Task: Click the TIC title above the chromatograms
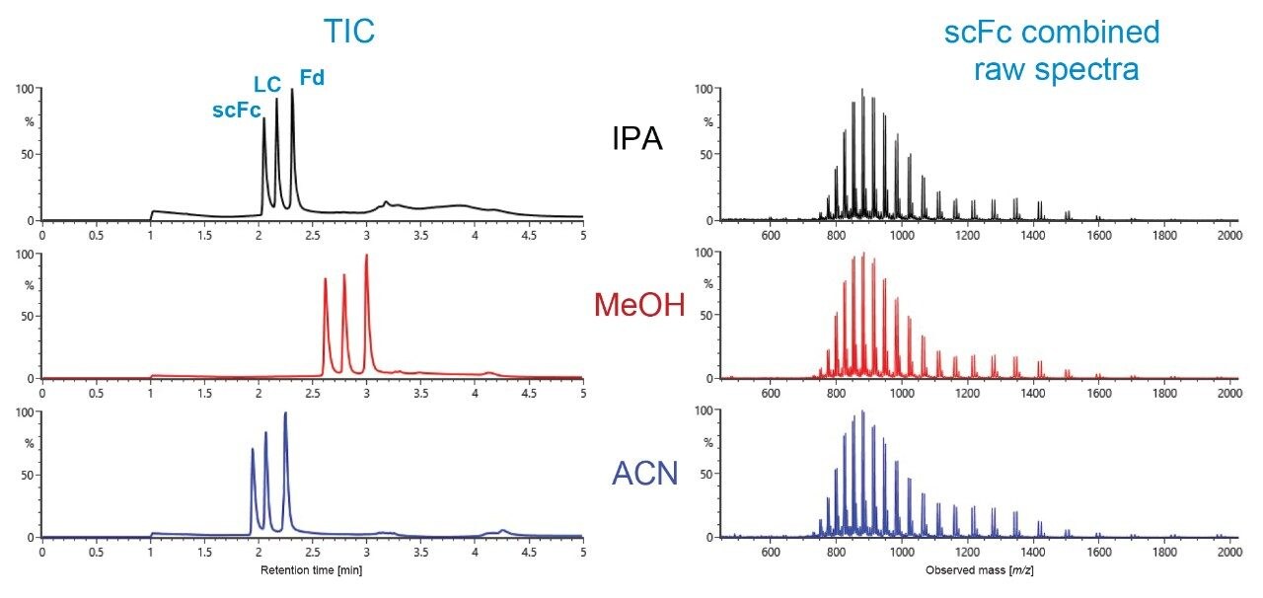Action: coord(349,33)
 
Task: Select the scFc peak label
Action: coord(237,111)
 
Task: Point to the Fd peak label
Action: coord(312,77)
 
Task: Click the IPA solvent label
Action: coord(637,140)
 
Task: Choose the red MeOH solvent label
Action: coord(638,306)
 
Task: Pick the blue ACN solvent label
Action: coord(644,474)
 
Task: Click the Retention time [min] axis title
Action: coord(312,570)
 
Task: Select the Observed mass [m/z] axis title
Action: coord(980,570)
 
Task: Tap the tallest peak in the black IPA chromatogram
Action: coord(292,91)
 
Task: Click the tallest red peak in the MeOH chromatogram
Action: coord(366,256)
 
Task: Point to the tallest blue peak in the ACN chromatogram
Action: coord(285,414)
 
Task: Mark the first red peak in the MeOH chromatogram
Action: coord(326,280)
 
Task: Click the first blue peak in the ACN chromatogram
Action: coord(253,450)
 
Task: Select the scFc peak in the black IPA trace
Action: coord(263,120)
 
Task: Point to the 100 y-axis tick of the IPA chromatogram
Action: coord(26,89)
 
